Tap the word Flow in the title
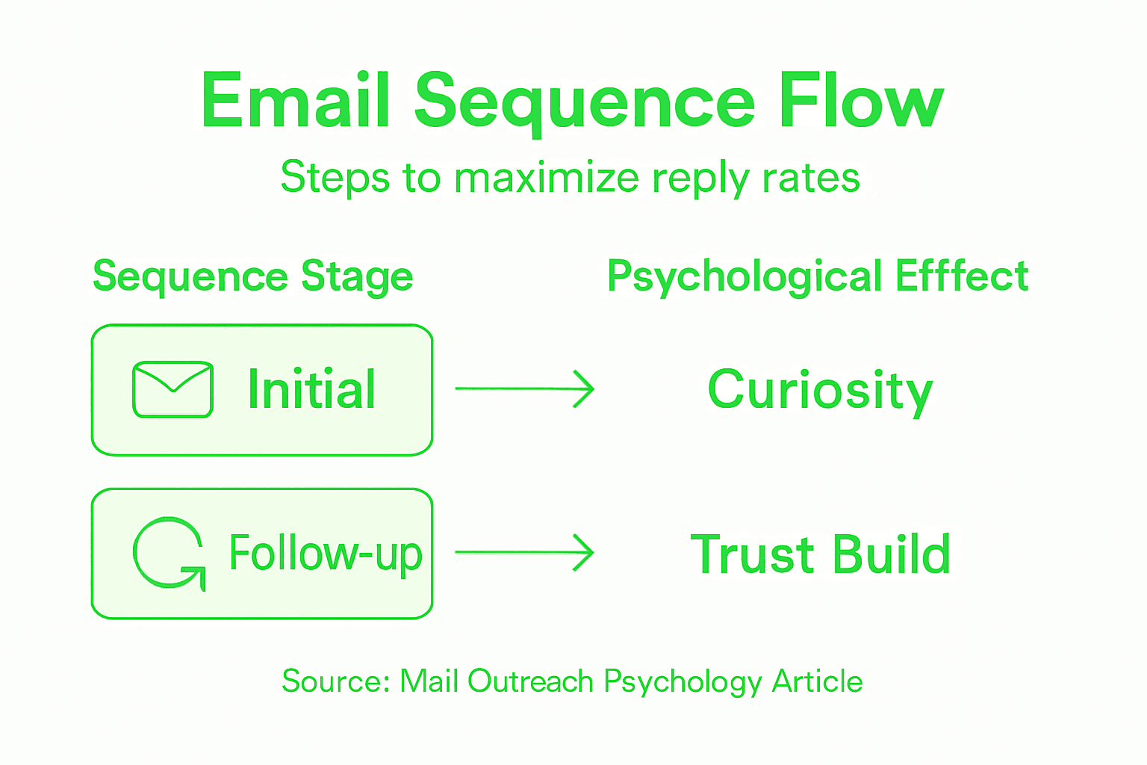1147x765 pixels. coord(860,101)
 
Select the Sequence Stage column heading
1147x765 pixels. coord(252,277)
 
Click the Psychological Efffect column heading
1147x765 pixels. coord(817,277)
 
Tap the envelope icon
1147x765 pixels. coord(172,389)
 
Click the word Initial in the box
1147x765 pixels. coord(311,389)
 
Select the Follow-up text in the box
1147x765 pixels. coord(326,554)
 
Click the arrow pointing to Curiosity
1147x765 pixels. coord(524,389)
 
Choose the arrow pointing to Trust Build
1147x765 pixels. coord(524,553)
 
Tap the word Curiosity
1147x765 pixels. coord(820,391)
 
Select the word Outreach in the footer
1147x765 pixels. coord(530,681)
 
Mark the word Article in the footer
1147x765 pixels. coord(817,681)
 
